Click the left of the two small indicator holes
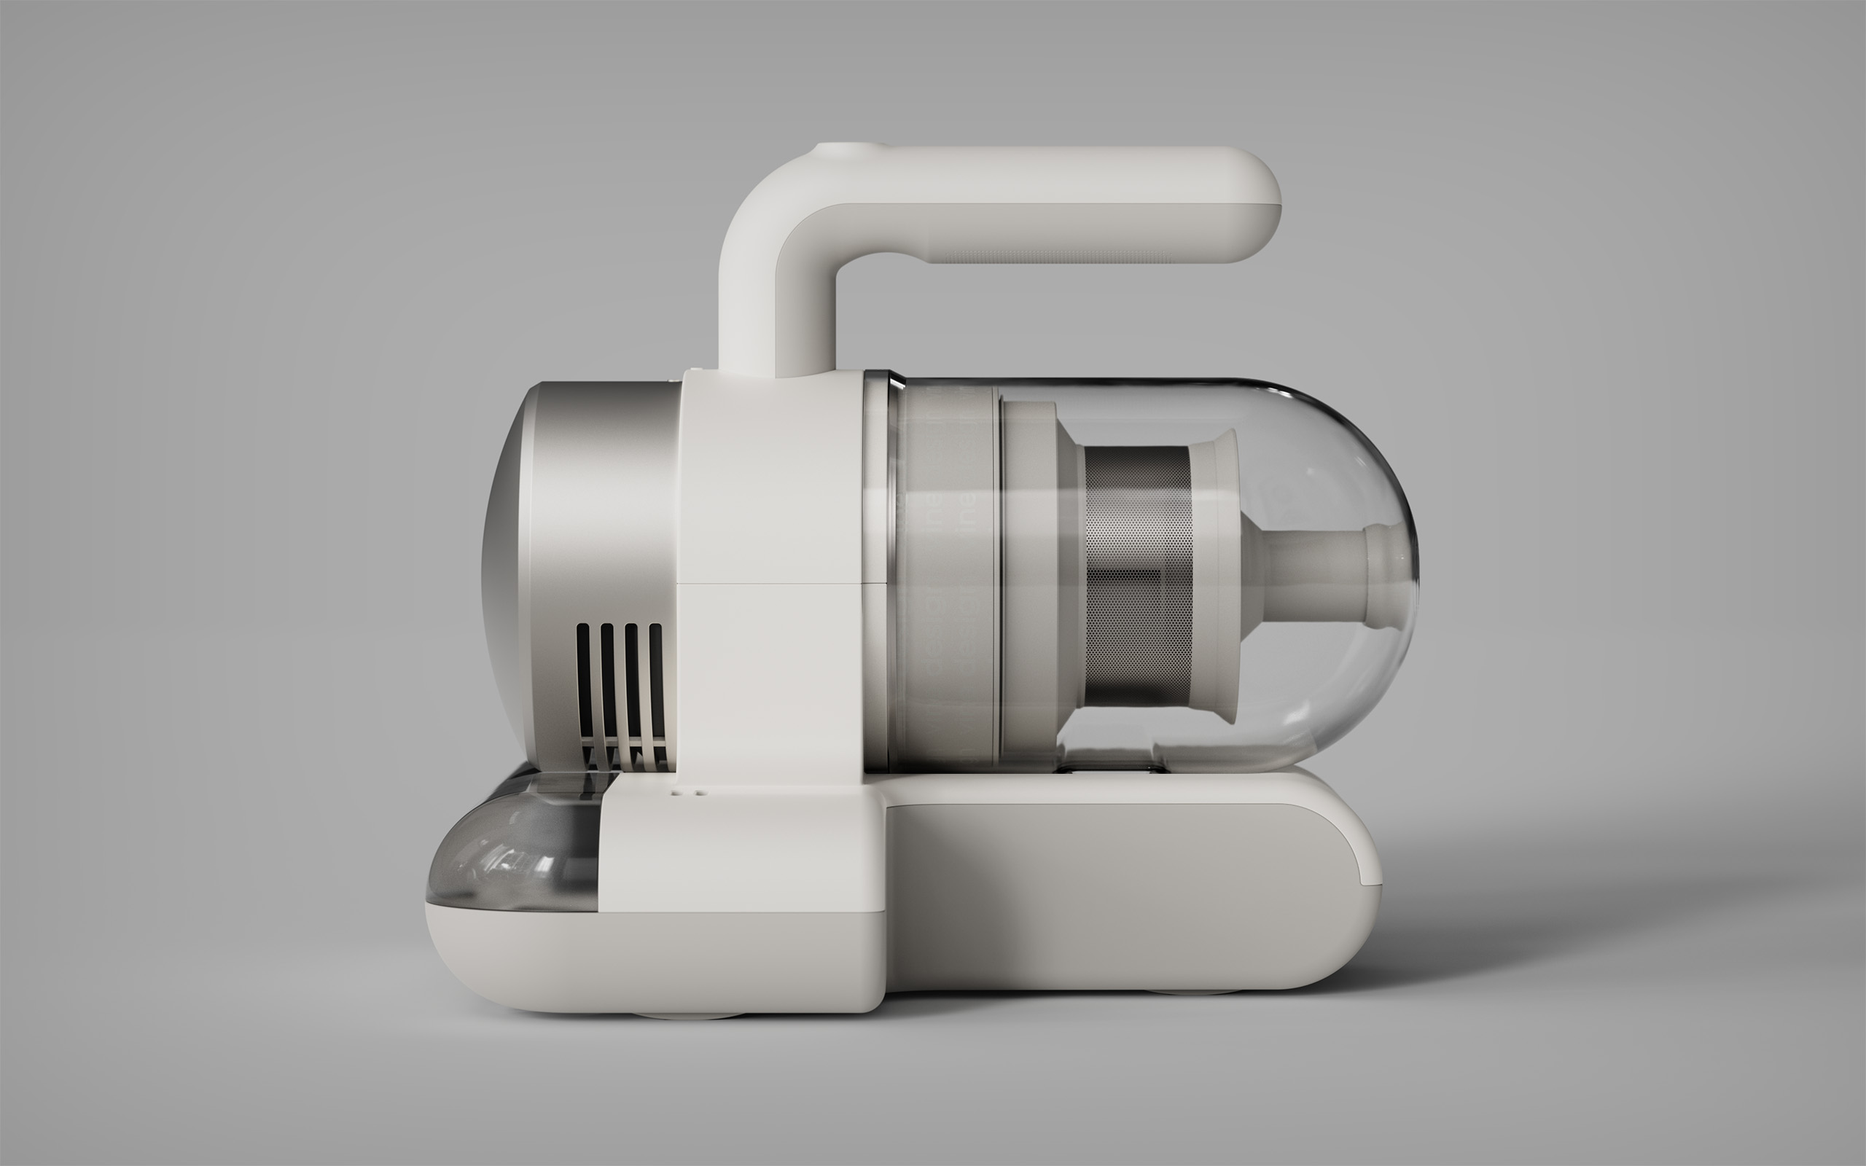676,791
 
